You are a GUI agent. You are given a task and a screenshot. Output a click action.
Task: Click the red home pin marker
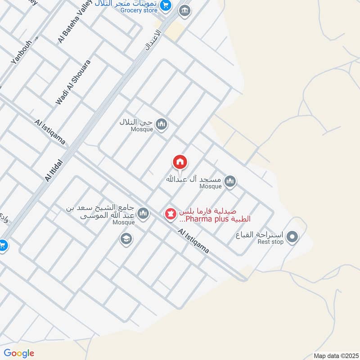180,162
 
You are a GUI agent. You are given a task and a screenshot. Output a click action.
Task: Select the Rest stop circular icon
292,236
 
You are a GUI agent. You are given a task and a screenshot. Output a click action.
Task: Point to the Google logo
19,353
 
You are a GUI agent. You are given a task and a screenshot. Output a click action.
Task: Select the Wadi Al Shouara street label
73,82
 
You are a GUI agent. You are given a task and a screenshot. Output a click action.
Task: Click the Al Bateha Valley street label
75,22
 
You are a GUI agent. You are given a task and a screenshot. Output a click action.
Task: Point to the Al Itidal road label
55,167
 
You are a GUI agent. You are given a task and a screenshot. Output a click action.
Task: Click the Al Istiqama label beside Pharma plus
193,241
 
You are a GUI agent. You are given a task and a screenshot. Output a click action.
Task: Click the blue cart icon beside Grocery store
166,5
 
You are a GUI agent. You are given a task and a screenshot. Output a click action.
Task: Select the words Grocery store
139,10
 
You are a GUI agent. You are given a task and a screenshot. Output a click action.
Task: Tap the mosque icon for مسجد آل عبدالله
230,181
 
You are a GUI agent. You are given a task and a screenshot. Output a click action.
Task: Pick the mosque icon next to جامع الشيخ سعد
143,213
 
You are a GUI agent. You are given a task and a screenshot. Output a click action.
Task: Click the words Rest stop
270,242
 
